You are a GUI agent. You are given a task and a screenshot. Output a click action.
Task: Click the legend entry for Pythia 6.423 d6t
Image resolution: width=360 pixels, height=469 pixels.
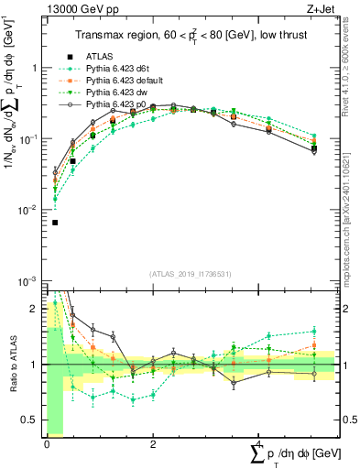coord(115,70)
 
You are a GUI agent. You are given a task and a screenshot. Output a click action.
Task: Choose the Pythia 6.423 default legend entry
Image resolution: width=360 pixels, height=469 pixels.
coord(120,82)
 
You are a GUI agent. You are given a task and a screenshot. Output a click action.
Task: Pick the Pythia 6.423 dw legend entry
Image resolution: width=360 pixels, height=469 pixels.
coord(113,93)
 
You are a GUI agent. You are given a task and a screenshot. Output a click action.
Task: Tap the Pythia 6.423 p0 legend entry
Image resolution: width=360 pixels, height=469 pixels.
coord(113,105)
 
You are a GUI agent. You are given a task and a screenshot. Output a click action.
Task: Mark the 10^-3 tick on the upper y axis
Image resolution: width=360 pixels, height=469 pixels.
coord(28,280)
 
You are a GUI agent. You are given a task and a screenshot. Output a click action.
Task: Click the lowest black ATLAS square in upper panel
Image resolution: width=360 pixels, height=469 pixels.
coord(55,222)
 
